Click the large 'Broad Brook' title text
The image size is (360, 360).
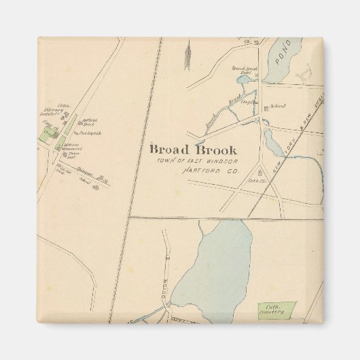pos(194,149)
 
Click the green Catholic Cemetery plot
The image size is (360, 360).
pos(276,310)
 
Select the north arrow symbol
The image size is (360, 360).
pos(187,54)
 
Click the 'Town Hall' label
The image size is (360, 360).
pos(71,156)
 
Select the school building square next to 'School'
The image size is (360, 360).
pos(266,107)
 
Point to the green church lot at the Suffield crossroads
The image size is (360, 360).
pos(48,135)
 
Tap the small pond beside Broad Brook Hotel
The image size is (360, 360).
pos(242,81)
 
